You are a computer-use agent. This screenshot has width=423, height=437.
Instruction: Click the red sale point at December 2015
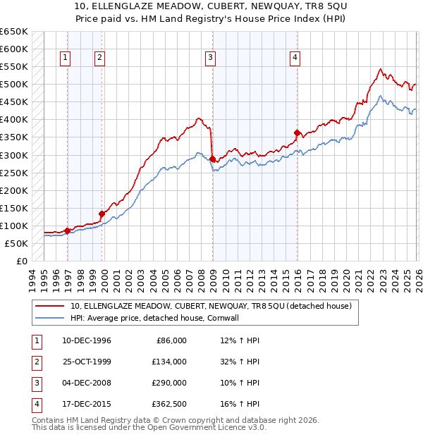point(297,133)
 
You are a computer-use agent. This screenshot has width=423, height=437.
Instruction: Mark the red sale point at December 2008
point(212,159)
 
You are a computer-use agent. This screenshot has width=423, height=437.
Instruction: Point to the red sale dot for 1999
point(102,214)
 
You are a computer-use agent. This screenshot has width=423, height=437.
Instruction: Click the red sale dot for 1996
point(67,230)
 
